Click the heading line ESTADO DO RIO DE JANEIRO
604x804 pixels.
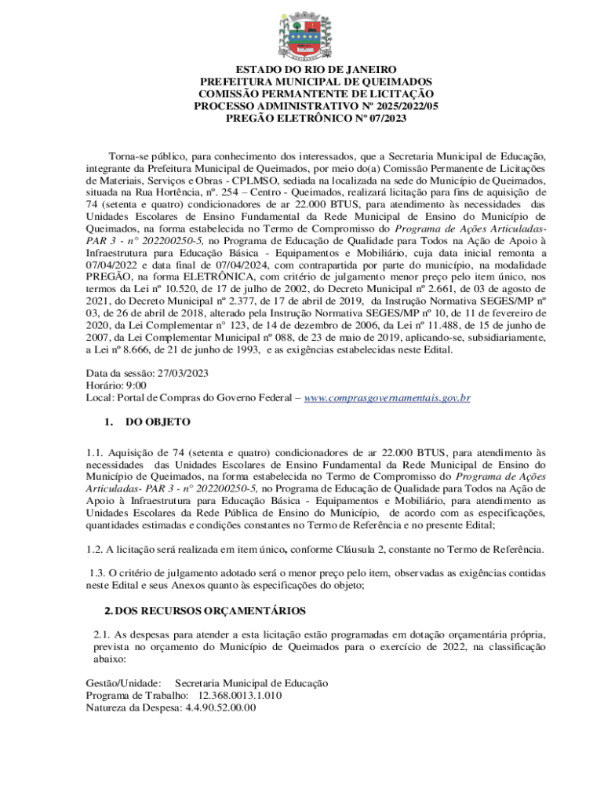tap(301, 70)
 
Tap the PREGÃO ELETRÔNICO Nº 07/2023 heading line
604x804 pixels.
tap(301, 118)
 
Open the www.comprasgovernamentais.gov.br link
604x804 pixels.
tap(387, 398)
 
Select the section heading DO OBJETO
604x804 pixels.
tap(158, 422)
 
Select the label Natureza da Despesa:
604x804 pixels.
tap(133, 707)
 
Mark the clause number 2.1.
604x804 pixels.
tap(101, 633)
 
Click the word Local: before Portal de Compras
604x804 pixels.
tap(100, 398)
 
